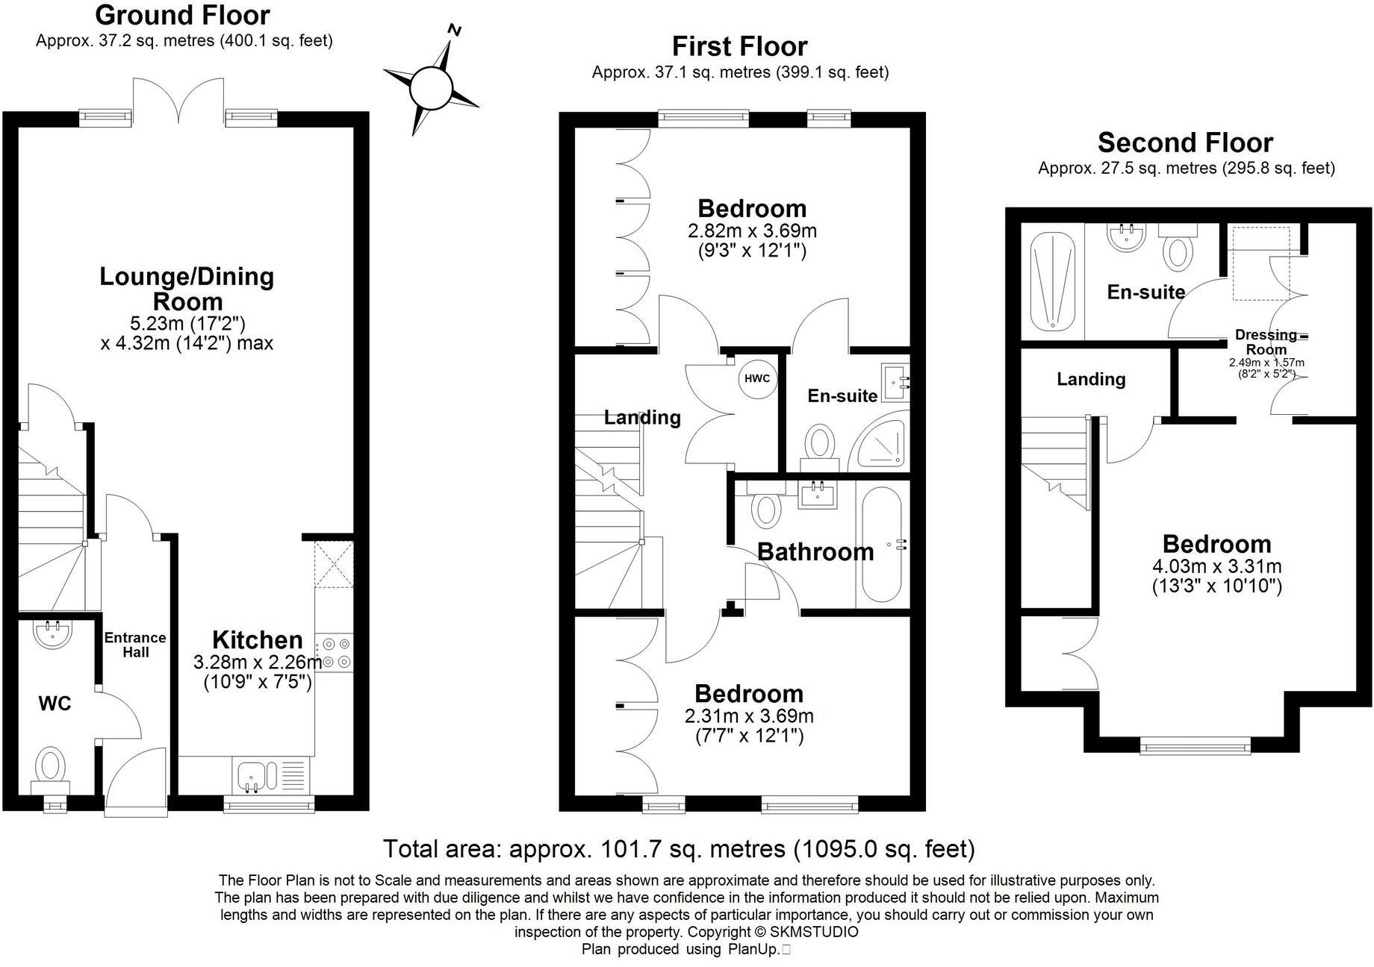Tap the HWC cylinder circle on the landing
click(756, 378)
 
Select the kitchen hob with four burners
click(335, 652)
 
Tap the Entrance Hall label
click(135, 645)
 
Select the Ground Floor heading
click(183, 15)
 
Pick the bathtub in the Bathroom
click(882, 545)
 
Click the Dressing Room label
click(1266, 342)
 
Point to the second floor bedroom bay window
click(1196, 743)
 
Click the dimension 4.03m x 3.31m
click(1216, 566)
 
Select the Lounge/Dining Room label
click(187, 289)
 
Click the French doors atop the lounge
click(178, 101)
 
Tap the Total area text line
click(678, 849)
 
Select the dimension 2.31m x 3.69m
click(749, 716)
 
